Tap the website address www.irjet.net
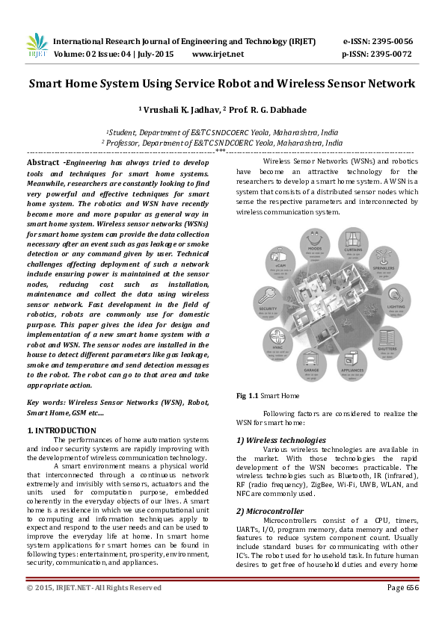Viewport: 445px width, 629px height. click(x=218, y=55)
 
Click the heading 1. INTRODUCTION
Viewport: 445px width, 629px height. click(x=61, y=430)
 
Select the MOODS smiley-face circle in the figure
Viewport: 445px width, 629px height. click(x=316, y=244)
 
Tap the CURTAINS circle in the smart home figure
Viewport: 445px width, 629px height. click(x=355, y=249)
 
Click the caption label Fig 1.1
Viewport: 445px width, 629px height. click(x=247, y=395)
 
